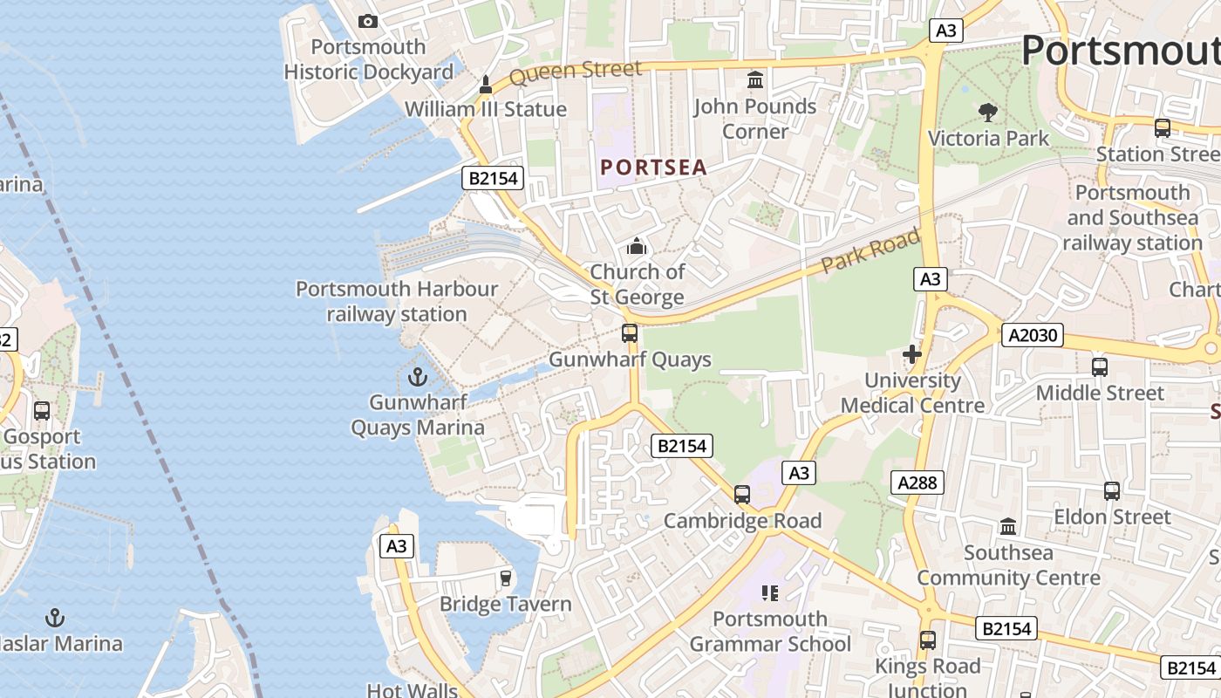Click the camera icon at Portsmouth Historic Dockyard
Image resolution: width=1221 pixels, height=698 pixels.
pyautogui.click(x=368, y=21)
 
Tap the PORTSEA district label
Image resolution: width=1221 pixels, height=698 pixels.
pyautogui.click(x=653, y=168)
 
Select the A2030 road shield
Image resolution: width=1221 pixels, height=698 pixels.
pyautogui.click(x=1033, y=335)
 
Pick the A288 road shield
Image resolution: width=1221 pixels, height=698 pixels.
pyautogui.click(x=917, y=482)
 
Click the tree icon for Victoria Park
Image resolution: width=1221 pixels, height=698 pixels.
pyautogui.click(x=988, y=112)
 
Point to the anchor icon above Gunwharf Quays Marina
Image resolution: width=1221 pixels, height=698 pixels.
pyautogui.click(x=418, y=377)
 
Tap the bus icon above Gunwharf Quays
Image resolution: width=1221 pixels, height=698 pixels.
pyautogui.click(x=630, y=332)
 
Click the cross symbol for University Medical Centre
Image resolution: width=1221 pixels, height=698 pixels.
pyautogui.click(x=912, y=354)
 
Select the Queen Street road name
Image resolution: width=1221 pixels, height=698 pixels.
pyautogui.click(x=575, y=72)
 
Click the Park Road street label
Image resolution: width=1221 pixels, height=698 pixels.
pyautogui.click(x=870, y=250)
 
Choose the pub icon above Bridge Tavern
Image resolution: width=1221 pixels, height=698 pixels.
pyautogui.click(x=505, y=578)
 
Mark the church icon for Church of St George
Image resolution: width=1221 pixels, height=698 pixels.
pyautogui.click(x=637, y=247)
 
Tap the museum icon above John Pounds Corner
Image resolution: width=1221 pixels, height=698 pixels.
pyautogui.click(x=755, y=80)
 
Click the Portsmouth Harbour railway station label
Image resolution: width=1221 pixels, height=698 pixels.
pyautogui.click(x=397, y=301)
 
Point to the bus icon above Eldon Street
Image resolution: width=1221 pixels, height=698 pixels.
pyautogui.click(x=1112, y=491)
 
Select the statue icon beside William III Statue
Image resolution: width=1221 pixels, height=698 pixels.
pyautogui.click(x=486, y=85)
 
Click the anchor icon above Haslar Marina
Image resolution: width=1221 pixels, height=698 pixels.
pyautogui.click(x=55, y=618)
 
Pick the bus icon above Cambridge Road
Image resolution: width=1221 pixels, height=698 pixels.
pyautogui.click(x=742, y=495)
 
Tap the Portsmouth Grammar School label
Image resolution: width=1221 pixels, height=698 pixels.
pyautogui.click(x=770, y=632)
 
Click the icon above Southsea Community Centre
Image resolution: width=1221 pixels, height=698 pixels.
pyautogui.click(x=1009, y=526)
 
